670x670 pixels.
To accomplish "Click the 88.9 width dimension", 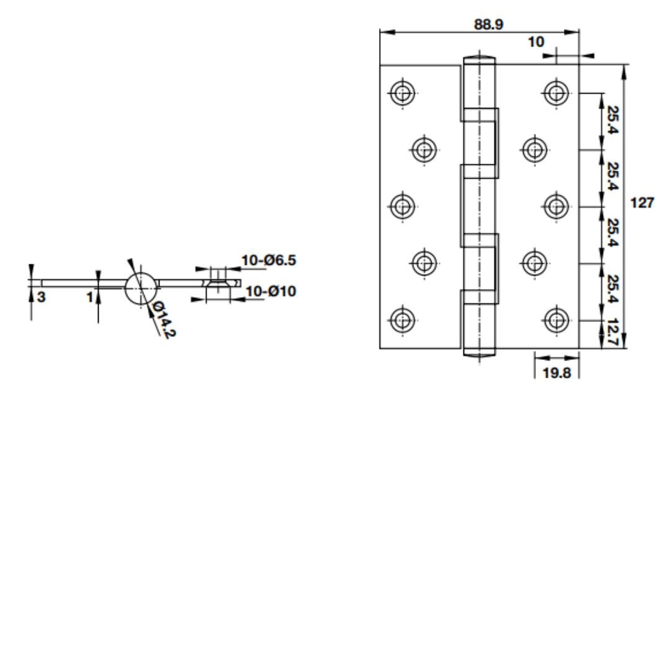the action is pyautogui.click(x=488, y=24).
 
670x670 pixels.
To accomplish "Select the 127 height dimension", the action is pyautogui.click(x=642, y=202).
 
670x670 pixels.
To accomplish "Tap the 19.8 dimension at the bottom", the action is pyautogui.click(x=556, y=373).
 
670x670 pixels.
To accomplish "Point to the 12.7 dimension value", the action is pyautogui.click(x=612, y=332).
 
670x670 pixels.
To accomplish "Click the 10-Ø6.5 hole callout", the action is pyautogui.click(x=269, y=260).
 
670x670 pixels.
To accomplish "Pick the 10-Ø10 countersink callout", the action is pyautogui.click(x=270, y=292).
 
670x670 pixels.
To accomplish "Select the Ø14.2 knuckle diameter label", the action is pyautogui.click(x=164, y=319).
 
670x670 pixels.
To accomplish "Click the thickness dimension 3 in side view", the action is pyautogui.click(x=41, y=297).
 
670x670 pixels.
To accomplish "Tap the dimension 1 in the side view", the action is pyautogui.click(x=90, y=297).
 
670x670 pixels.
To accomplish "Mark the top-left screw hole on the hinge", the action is pyautogui.click(x=403, y=92).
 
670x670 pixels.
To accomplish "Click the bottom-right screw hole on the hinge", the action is pyautogui.click(x=556, y=320).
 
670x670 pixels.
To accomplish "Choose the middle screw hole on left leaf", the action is pyautogui.click(x=403, y=207).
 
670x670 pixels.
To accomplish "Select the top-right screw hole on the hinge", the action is pyautogui.click(x=556, y=92).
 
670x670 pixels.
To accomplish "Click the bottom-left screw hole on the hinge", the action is pyautogui.click(x=403, y=320).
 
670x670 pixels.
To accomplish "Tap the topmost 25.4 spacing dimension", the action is pyautogui.click(x=612, y=120).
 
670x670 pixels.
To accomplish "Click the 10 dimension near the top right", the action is pyautogui.click(x=536, y=42).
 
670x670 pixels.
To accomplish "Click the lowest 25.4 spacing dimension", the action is pyautogui.click(x=612, y=289).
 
